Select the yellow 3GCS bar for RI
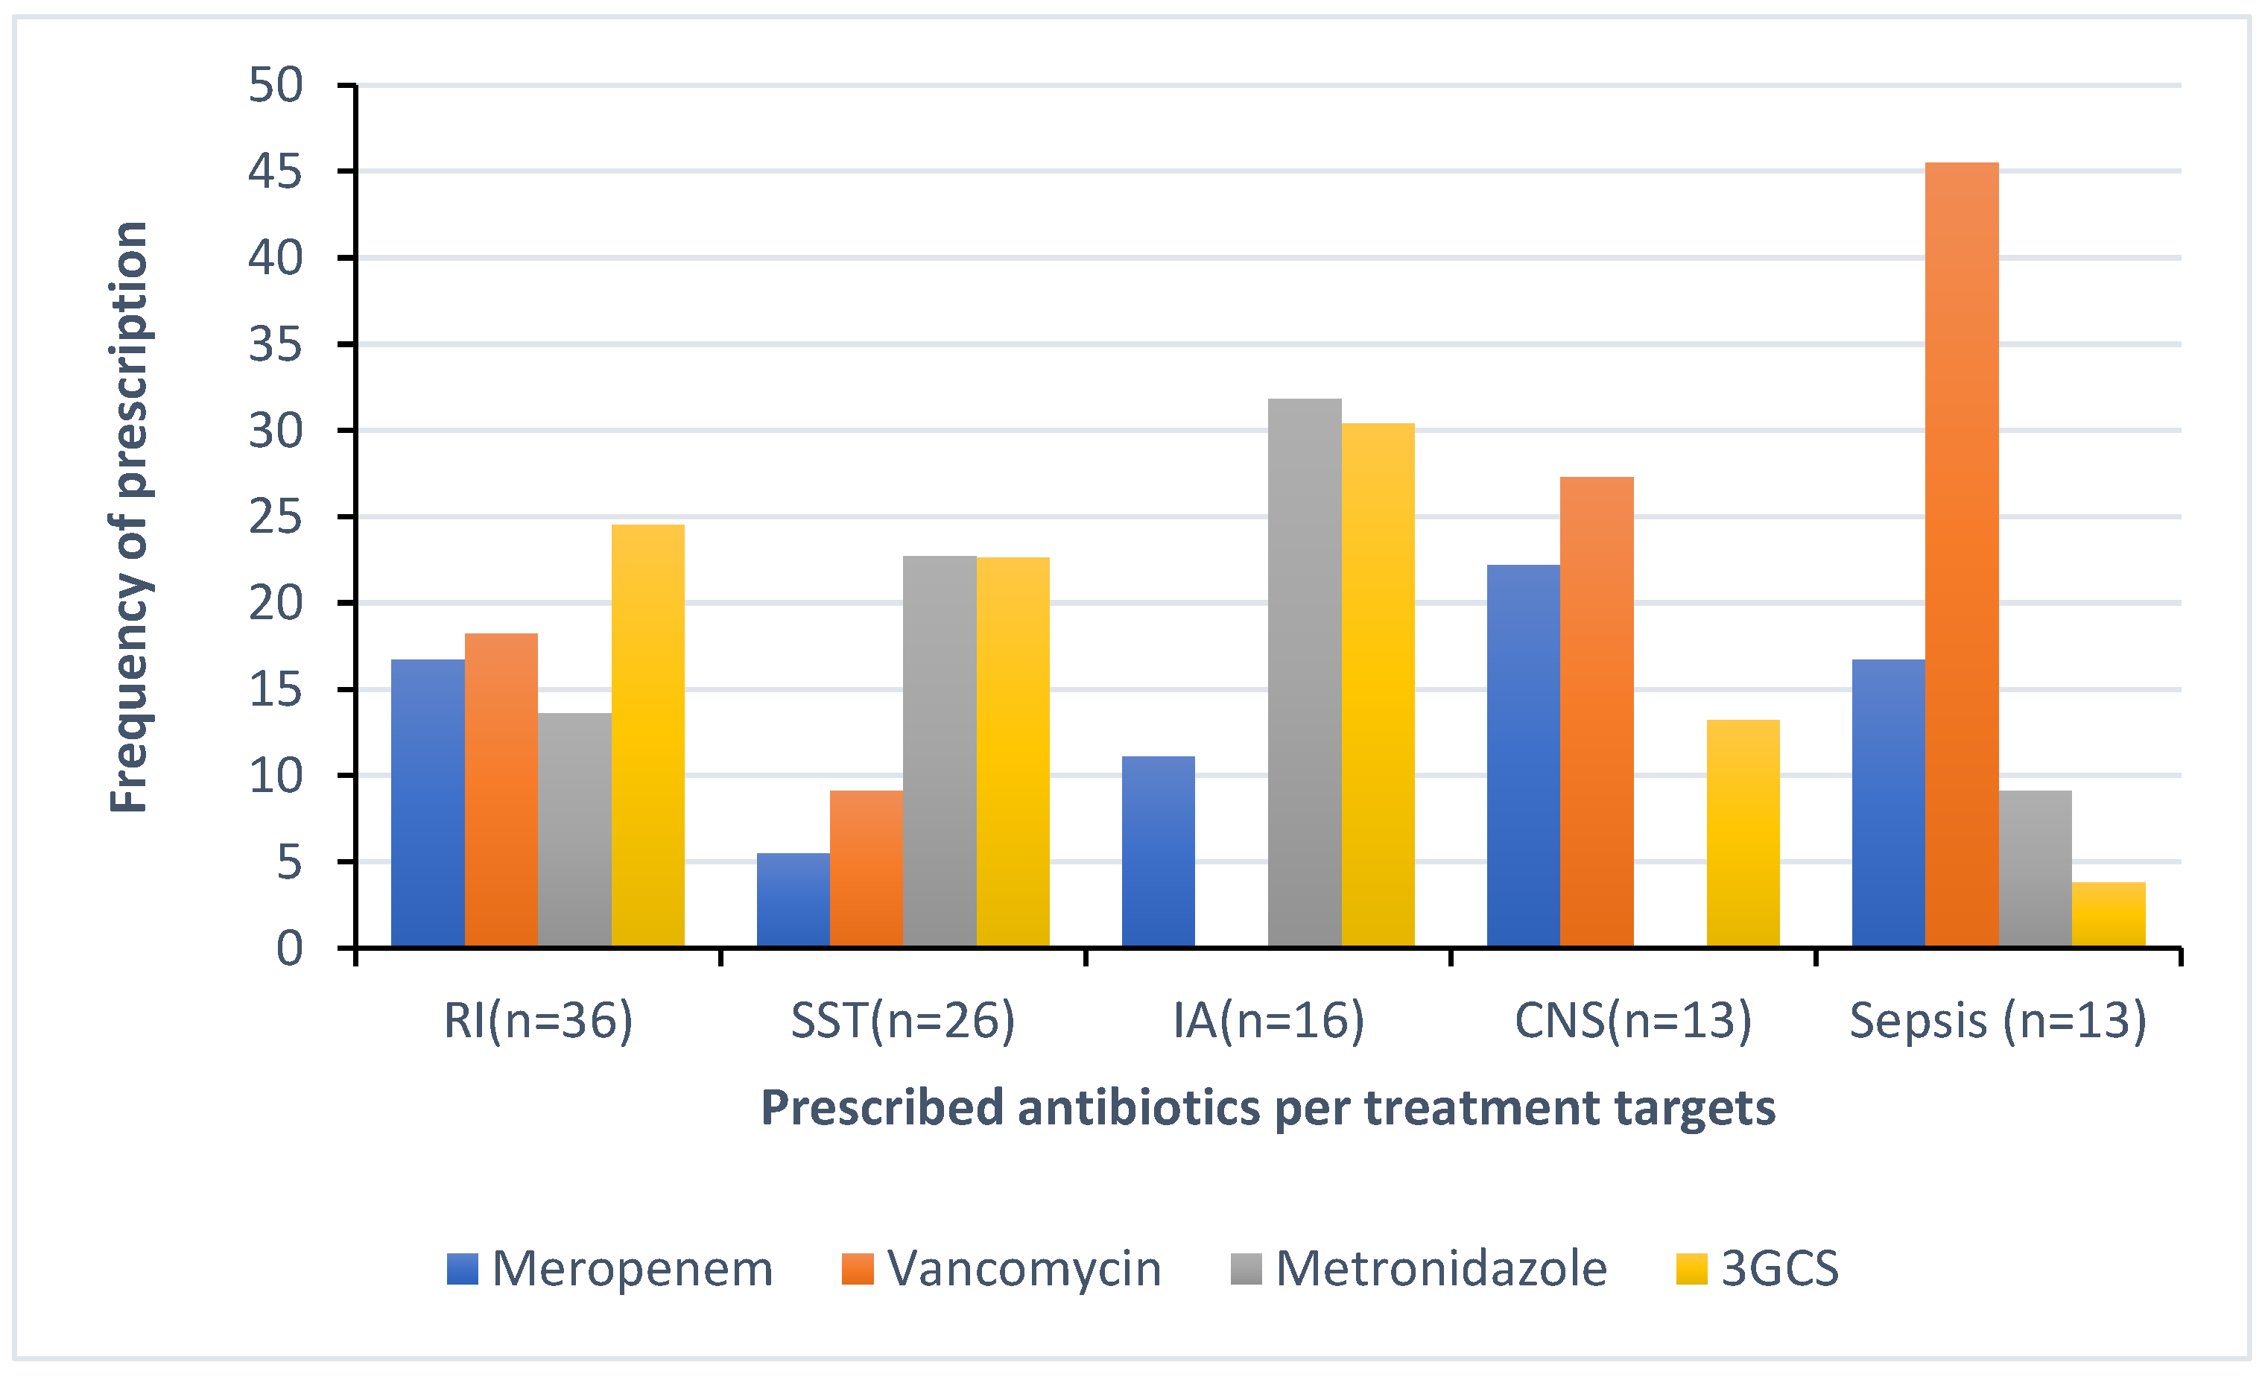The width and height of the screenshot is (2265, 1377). click(x=647, y=735)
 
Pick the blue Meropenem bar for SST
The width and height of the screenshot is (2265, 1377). click(x=793, y=900)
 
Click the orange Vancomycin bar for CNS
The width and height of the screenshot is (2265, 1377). click(x=1596, y=712)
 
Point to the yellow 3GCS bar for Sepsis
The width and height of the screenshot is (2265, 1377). click(x=2108, y=914)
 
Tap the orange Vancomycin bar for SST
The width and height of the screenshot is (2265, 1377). click(x=866, y=869)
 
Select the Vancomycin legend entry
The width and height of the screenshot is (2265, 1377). click(x=1002, y=1268)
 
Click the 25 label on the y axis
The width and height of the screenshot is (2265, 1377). click(x=275, y=518)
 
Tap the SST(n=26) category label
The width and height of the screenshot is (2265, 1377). click(x=903, y=1020)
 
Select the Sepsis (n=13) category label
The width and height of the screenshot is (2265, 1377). click(x=1998, y=1020)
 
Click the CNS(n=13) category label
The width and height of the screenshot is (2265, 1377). click(x=1632, y=1020)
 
